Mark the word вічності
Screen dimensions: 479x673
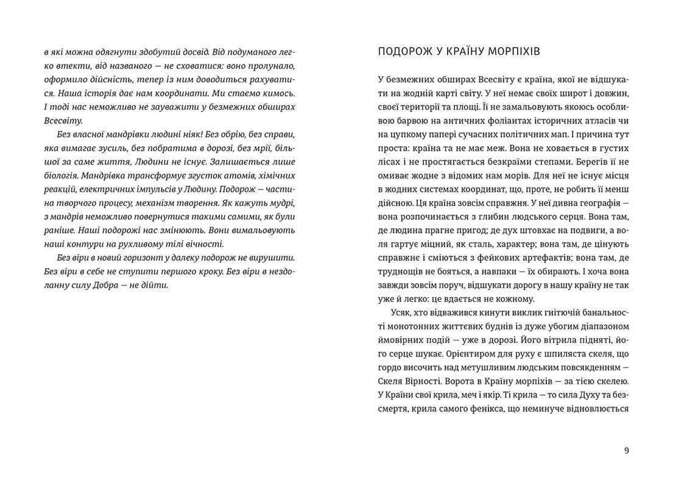189,244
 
